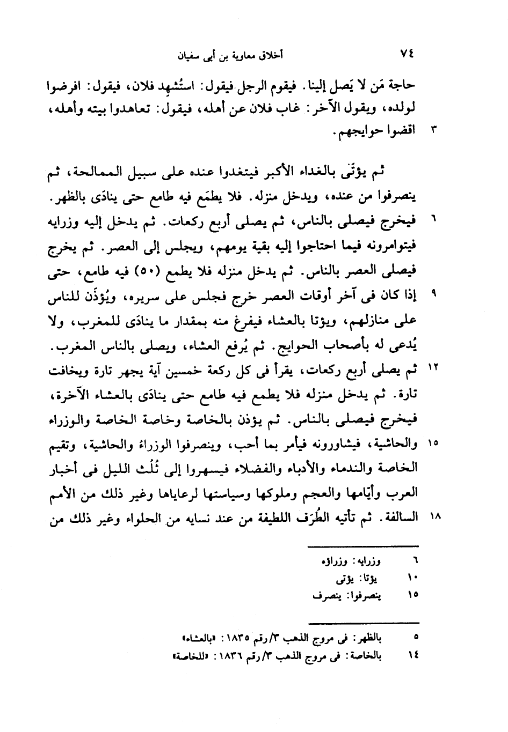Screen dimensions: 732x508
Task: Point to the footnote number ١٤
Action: tap(414, 655)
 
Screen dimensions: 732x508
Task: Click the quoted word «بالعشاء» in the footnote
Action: tap(197, 638)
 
